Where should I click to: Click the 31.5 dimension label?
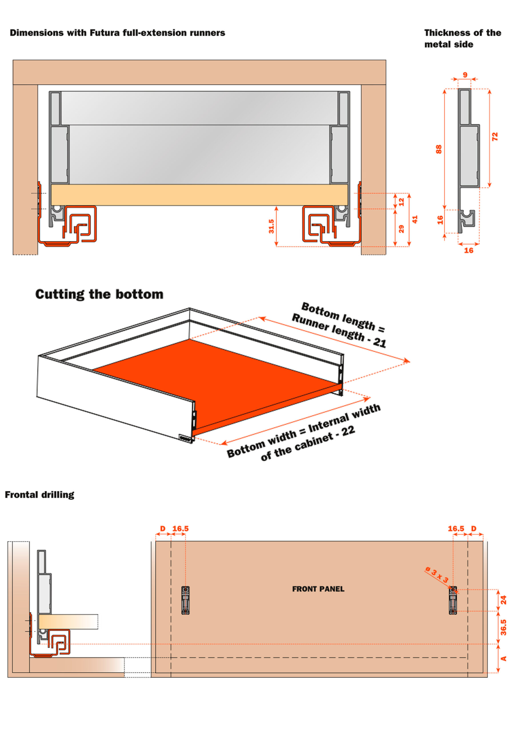271,226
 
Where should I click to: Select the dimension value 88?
439,149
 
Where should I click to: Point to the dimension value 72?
494,137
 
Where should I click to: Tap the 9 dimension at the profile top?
465,75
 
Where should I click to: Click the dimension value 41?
414,219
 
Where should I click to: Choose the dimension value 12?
401,202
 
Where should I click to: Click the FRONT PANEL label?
318,589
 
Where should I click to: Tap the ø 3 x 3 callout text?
437,574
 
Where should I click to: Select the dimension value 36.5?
503,627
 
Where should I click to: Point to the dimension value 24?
503,600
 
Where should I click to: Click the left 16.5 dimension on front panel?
180,529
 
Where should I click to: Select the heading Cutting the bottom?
99,294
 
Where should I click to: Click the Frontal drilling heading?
39,494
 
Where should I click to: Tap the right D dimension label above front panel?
474,529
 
